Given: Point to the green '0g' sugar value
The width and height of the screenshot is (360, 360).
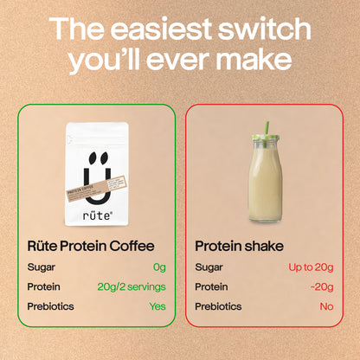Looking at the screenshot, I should point(158,267).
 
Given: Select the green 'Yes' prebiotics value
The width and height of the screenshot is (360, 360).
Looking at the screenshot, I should point(156,305).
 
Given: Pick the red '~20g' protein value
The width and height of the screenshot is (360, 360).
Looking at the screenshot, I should point(323,286).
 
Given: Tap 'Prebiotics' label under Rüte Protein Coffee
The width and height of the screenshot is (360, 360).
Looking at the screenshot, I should point(50,305).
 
